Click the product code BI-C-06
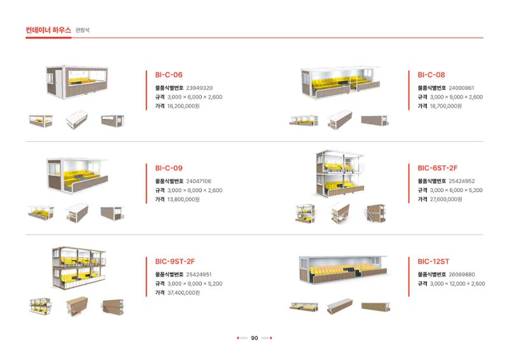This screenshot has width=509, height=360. coord(169,74)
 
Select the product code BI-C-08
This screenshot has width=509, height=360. coord(431,74)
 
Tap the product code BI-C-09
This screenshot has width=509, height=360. coord(169,168)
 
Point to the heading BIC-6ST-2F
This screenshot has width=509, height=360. coord(437,168)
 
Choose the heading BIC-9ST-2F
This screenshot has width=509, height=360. coord(175,261)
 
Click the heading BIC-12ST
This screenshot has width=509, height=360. coord(433,261)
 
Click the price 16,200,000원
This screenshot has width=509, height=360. coord(183,106)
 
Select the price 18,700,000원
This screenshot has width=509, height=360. coord(446,106)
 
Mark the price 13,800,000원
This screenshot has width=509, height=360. coord(183,199)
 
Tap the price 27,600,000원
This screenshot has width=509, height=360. coord(446,199)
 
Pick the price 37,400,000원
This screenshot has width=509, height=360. coord(183,293)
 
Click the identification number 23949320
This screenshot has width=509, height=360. coord(199,88)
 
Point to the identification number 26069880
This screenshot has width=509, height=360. coord(462,275)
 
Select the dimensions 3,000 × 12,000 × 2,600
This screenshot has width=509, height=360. coord(457,284)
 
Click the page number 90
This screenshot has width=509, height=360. coord(254,338)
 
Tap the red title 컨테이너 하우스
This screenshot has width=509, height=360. coord(48,30)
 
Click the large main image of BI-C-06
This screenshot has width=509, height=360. coord(77,82)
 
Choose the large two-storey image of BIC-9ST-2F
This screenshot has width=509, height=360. coord(79,268)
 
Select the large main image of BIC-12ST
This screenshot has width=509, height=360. coord(344,270)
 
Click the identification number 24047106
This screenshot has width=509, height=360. coord(199,181)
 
